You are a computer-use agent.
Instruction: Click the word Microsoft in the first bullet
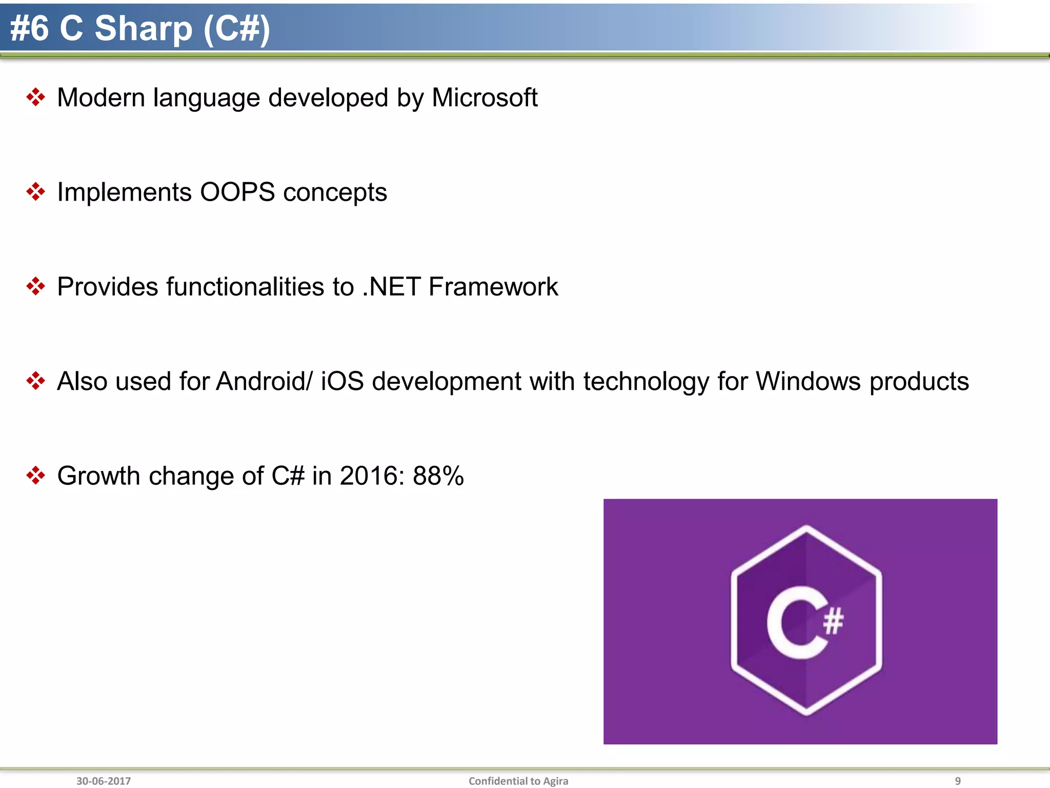point(484,97)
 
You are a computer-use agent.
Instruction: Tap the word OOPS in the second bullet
point(237,192)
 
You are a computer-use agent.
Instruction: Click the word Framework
point(493,287)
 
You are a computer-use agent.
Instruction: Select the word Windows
point(809,381)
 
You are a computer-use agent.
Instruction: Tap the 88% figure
point(438,476)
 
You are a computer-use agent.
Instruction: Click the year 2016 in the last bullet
point(369,476)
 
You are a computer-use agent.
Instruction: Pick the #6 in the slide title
point(29,28)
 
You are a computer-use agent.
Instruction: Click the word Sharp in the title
point(144,28)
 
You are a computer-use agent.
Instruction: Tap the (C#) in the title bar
point(236,28)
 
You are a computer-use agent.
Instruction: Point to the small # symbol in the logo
point(833,621)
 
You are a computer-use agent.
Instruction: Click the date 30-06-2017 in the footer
point(104,781)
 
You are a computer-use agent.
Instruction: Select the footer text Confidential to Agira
point(518,781)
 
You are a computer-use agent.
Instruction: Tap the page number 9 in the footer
point(957,781)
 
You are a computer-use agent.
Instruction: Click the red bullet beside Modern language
point(35,97)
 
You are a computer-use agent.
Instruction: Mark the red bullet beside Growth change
point(35,475)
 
